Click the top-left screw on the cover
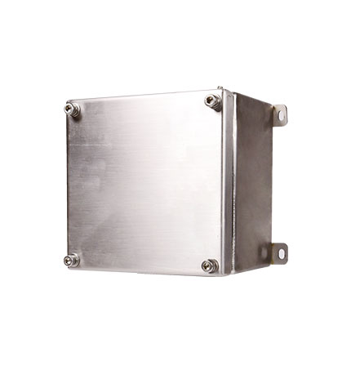click(70, 106)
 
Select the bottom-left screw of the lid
click(70, 260)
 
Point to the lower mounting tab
click(280, 252)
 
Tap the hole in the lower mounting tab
click(282, 253)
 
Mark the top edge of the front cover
click(143, 93)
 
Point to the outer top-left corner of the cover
click(64, 100)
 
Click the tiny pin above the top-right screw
click(220, 86)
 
